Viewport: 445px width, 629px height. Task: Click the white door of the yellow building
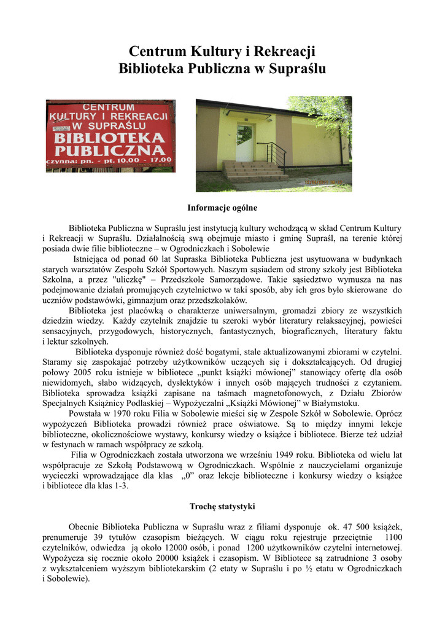(x=244, y=144)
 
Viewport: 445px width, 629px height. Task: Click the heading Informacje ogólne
(x=222, y=208)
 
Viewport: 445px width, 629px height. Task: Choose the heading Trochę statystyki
(x=222, y=506)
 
